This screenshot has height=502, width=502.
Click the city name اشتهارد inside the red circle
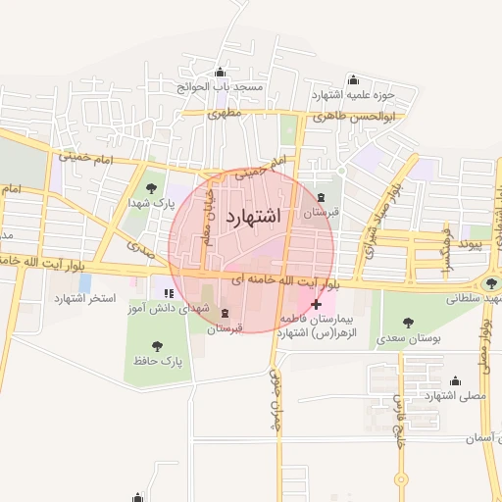[x=253, y=217]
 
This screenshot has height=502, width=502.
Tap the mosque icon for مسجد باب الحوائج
[x=219, y=73]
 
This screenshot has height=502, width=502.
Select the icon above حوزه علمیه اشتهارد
[x=353, y=79]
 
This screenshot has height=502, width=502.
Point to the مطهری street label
[x=226, y=113]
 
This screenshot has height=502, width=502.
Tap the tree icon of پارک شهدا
[x=150, y=188]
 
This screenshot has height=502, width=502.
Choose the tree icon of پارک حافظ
[x=157, y=346]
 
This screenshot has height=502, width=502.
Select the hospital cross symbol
[x=316, y=305]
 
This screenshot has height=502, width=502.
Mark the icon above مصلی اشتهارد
[x=455, y=381]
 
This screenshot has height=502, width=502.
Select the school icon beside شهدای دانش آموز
[x=169, y=292]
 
